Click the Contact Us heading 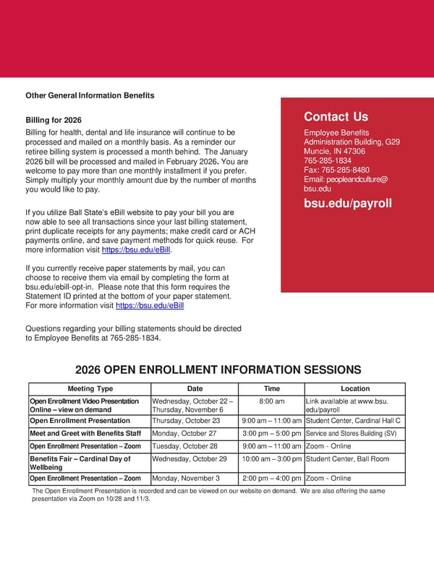pyautogui.click(x=336, y=117)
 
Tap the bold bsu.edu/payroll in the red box pyautogui.click(x=347, y=203)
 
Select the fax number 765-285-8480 pyautogui.click(x=336, y=170)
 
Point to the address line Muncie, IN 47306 pyautogui.click(x=334, y=152)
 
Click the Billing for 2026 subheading pyautogui.click(x=54, y=119)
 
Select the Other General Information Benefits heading pyautogui.click(x=90, y=95)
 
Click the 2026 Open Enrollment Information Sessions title pyautogui.click(x=218, y=369)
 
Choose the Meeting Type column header pyautogui.click(x=90, y=389)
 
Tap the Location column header pyautogui.click(x=354, y=389)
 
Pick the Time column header pyautogui.click(x=271, y=389)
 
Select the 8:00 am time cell pyautogui.click(x=271, y=401)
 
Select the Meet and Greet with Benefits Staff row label pyautogui.click(x=85, y=434)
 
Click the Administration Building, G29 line pyautogui.click(x=352, y=142)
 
